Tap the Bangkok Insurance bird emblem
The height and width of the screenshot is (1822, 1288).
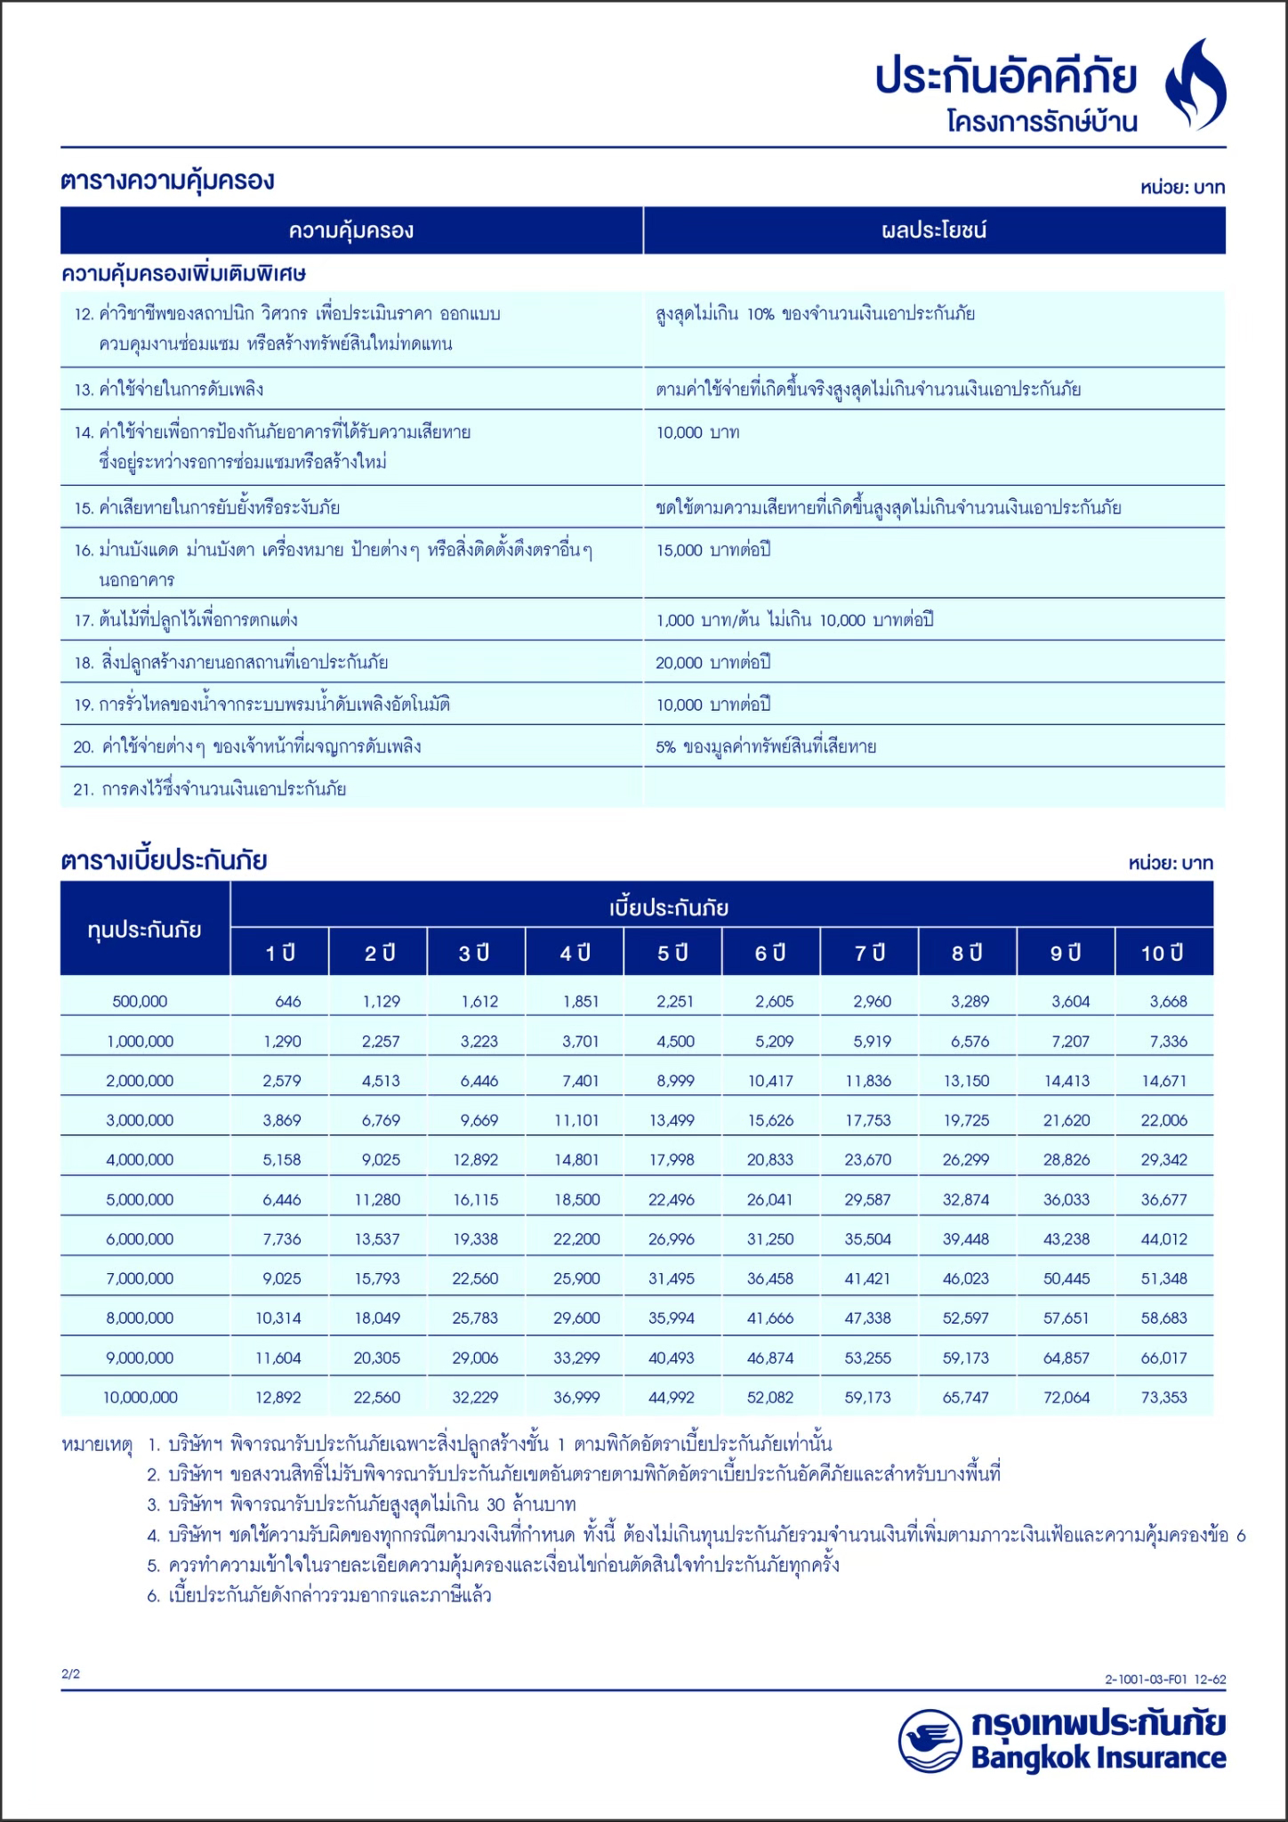[x=930, y=1740]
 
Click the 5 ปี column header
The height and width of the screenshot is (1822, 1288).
[x=673, y=953]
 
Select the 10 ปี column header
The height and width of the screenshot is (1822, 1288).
[x=1163, y=953]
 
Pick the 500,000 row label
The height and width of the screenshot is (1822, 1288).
[x=140, y=1001]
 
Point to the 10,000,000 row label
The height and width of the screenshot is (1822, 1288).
[x=140, y=1397]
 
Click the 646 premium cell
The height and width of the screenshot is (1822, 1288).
[x=287, y=1001]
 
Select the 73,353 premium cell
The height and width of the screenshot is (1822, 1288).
[x=1163, y=1397]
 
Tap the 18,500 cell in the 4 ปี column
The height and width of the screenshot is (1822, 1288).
[x=576, y=1199]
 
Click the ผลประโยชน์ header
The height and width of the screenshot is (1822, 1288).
[x=934, y=230]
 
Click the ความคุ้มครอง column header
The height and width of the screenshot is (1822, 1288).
[x=351, y=230]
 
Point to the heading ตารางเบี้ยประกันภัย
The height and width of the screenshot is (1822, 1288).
[x=164, y=860]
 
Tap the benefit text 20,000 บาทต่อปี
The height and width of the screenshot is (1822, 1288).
[x=712, y=662]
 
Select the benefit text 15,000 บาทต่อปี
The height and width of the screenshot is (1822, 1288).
[x=712, y=550]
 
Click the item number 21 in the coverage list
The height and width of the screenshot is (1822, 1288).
[x=83, y=789]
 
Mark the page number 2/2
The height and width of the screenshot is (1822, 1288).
[x=70, y=1673]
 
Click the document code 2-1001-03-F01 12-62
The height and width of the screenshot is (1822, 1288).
[x=1165, y=1679]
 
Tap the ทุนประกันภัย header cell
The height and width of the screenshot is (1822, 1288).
[x=145, y=930]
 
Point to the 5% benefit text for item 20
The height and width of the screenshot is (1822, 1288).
[x=766, y=746]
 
